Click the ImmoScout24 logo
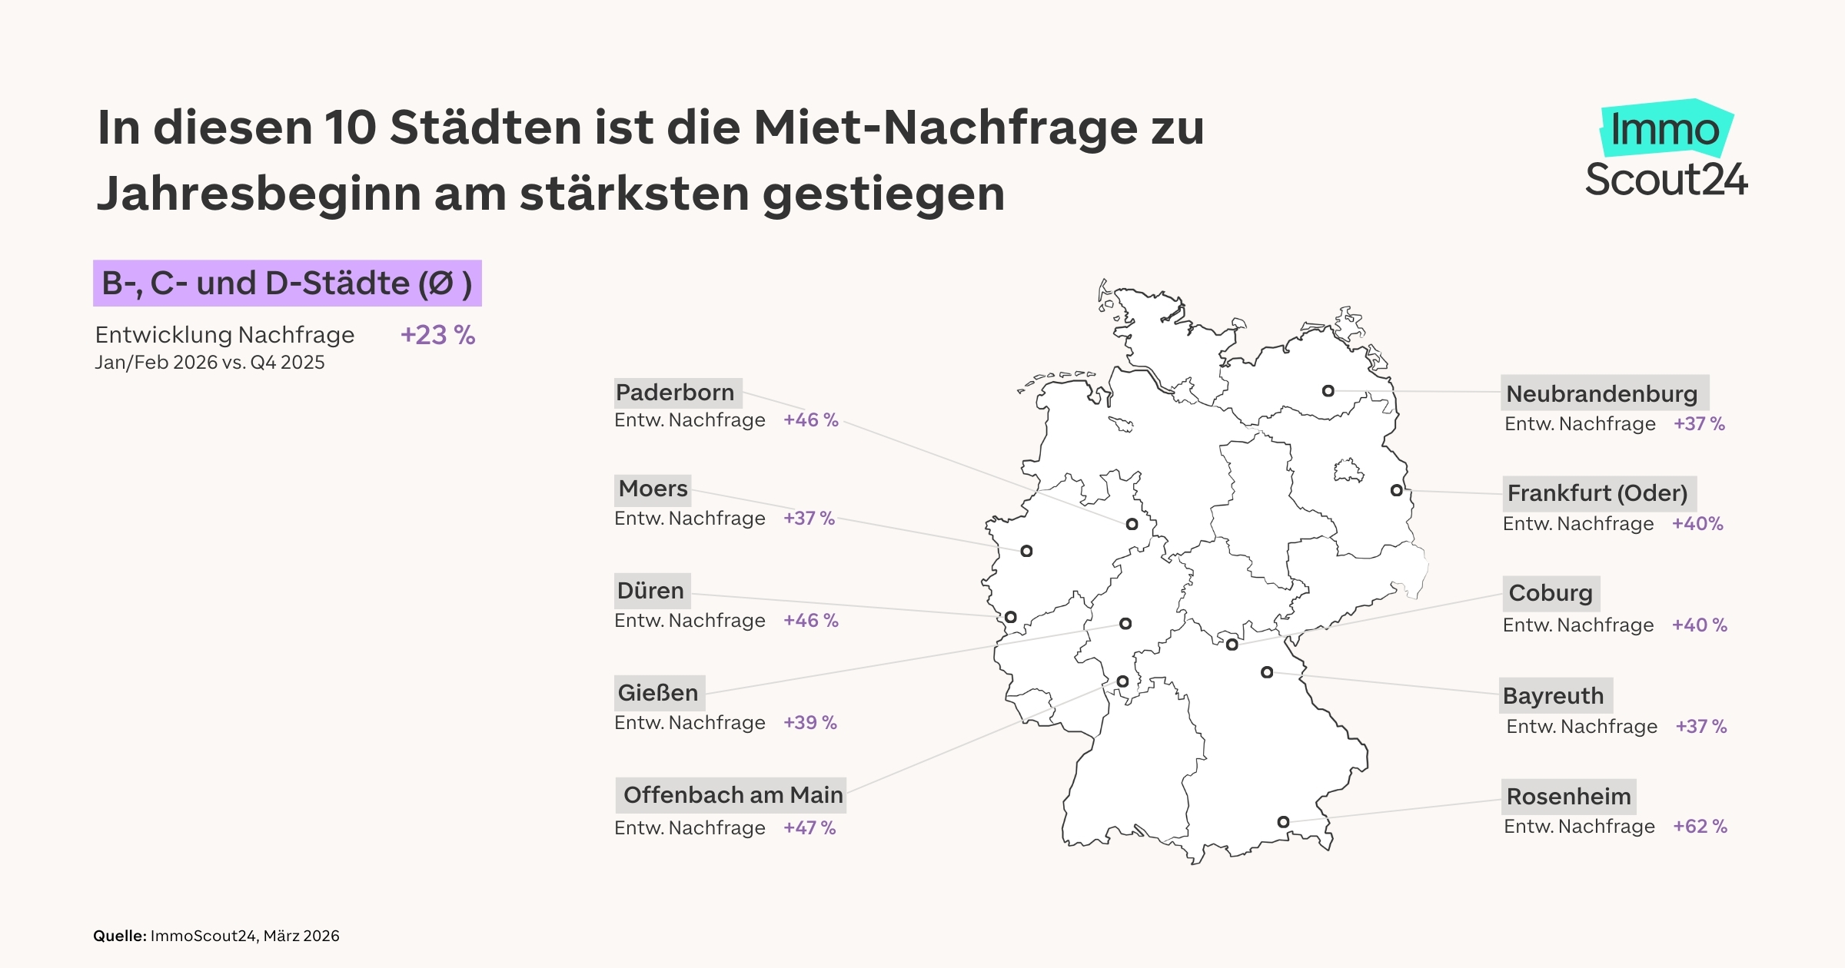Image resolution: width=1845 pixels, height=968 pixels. (x=1666, y=150)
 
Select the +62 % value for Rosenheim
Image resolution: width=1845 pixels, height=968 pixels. (x=1700, y=827)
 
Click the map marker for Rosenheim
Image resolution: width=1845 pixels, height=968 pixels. (x=1283, y=822)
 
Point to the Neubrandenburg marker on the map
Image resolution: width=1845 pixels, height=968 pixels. (x=1328, y=391)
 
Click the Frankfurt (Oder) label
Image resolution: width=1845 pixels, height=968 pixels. (x=1598, y=493)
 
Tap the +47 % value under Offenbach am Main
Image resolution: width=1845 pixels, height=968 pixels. (x=809, y=828)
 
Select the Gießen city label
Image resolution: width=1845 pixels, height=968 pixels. (x=659, y=693)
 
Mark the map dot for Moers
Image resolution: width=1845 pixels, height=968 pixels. (x=1026, y=551)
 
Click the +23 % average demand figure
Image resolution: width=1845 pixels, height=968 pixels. (x=437, y=336)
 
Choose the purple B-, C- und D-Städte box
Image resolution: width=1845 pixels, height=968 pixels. (x=287, y=283)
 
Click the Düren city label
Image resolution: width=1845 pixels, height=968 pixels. (x=651, y=591)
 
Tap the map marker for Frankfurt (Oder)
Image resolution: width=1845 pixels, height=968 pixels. (x=1396, y=490)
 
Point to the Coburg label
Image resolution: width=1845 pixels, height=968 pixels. (x=1551, y=593)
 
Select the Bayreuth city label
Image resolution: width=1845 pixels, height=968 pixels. (x=1554, y=696)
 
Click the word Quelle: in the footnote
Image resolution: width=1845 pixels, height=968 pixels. (x=120, y=936)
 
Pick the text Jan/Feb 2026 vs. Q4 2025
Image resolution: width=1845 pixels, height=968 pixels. (x=210, y=363)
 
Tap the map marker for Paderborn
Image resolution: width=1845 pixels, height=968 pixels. (x=1132, y=524)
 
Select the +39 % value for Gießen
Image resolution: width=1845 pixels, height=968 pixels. (x=809, y=723)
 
